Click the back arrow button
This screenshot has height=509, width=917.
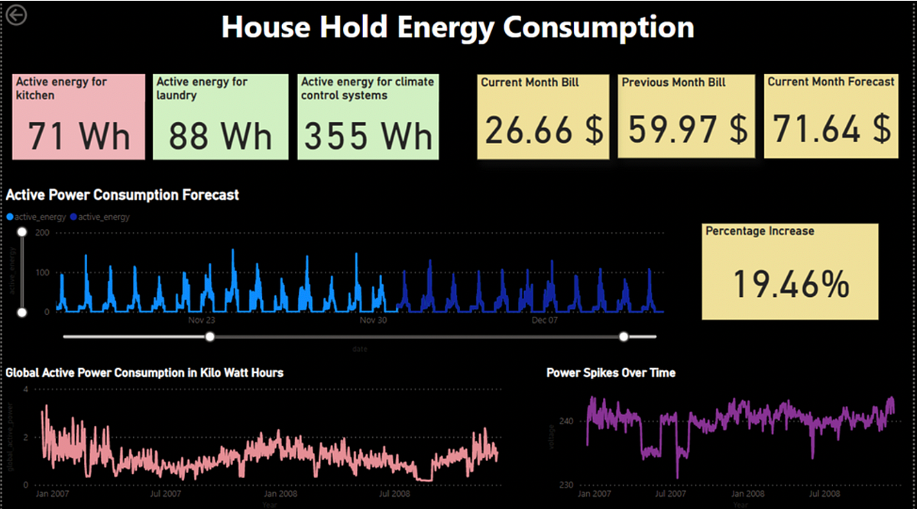(15, 14)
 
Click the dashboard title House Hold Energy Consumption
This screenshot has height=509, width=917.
(458, 27)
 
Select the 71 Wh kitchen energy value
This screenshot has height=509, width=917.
(79, 136)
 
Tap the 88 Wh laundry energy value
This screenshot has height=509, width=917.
(220, 136)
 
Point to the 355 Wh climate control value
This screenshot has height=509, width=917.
(368, 136)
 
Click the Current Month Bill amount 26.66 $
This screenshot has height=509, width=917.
(543, 130)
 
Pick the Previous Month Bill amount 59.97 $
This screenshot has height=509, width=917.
(685, 130)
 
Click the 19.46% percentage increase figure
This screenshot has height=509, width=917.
(791, 284)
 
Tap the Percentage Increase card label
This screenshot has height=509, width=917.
(760, 230)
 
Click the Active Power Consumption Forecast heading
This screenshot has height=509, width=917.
(122, 195)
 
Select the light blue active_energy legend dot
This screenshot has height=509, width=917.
(10, 217)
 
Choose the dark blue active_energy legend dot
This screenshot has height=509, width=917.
(73, 217)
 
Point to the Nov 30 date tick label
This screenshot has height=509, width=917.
(373, 321)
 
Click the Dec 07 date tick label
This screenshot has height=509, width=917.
(544, 321)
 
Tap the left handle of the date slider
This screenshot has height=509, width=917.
(210, 336)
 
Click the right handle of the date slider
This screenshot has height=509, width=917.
(624, 336)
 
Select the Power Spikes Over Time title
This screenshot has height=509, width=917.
(611, 372)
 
